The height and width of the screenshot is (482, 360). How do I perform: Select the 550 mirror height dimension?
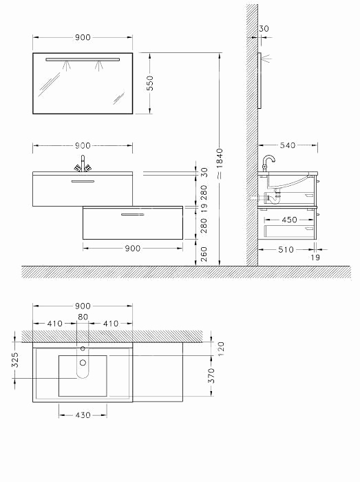(150, 83)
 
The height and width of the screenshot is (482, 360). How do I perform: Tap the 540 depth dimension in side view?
(287, 145)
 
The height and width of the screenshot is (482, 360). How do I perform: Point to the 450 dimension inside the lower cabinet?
(289, 220)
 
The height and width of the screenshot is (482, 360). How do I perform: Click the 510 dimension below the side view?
(286, 249)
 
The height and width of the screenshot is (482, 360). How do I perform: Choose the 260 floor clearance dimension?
(204, 254)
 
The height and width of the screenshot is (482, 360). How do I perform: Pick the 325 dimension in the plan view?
(15, 360)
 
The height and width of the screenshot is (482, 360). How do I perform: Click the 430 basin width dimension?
(83, 415)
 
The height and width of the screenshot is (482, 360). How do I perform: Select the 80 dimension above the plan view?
(83, 317)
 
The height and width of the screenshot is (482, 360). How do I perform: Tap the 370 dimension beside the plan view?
(211, 376)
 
